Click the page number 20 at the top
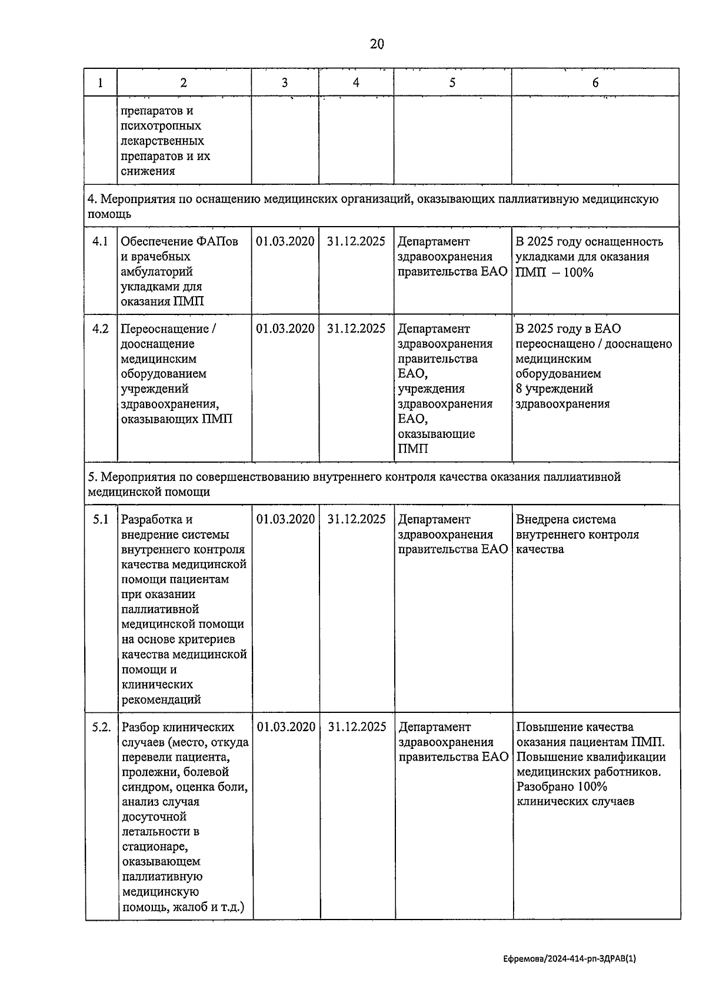(x=377, y=44)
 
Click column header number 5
(x=452, y=83)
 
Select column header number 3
(x=285, y=83)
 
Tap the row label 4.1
(x=101, y=241)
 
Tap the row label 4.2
(x=101, y=328)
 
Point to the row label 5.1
(x=101, y=519)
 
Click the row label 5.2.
(x=101, y=727)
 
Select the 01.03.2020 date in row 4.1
(x=285, y=241)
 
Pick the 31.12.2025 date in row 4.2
(x=357, y=328)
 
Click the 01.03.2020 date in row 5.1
(x=286, y=519)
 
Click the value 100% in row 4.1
(x=578, y=272)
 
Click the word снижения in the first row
(x=148, y=171)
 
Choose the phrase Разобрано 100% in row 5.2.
(x=562, y=787)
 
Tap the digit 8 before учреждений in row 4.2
(x=519, y=389)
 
